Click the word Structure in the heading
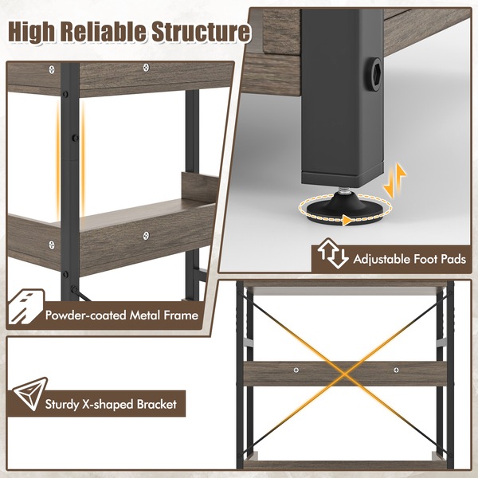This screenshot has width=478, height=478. [x=201, y=31]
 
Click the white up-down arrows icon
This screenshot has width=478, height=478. [x=332, y=253]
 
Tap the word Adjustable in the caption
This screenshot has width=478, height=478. [x=382, y=260]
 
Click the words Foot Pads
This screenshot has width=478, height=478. [x=440, y=259]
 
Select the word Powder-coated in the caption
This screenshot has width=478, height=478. [x=86, y=315]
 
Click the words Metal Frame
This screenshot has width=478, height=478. [x=164, y=315]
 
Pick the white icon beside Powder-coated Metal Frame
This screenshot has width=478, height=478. [x=25, y=307]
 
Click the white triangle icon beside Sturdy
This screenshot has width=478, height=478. [x=30, y=394]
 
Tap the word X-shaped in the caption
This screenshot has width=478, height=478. [x=108, y=405]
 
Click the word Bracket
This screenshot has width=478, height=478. [x=157, y=404]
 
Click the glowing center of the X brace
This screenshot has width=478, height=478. [x=345, y=374]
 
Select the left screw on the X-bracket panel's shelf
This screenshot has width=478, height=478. [x=296, y=370]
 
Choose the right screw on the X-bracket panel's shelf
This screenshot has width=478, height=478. [x=396, y=370]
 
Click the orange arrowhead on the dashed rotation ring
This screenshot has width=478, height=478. [x=346, y=220]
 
